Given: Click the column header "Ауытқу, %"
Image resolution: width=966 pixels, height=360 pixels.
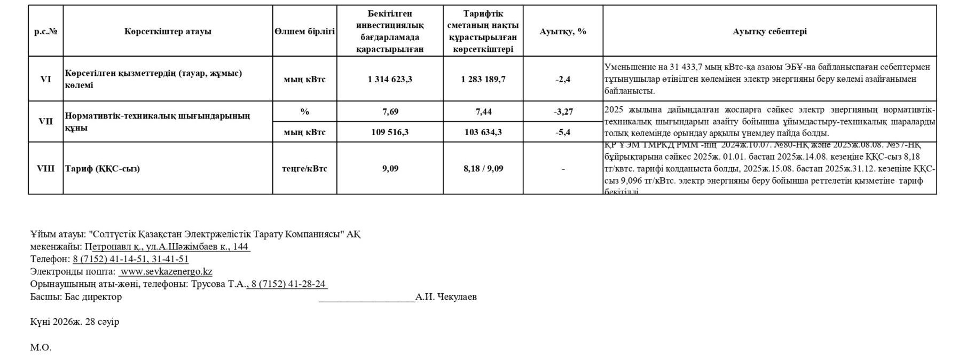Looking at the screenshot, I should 563,32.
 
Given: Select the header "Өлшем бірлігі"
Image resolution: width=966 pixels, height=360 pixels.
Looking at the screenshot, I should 304,32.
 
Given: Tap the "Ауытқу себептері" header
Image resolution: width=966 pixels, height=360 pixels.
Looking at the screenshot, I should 769,32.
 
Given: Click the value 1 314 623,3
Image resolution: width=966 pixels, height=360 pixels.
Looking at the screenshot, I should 390,80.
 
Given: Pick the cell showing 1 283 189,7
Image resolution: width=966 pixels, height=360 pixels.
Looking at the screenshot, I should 483,80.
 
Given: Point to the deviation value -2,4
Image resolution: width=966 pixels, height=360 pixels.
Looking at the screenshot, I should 563,80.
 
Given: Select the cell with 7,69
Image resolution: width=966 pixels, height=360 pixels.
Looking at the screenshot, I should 390,112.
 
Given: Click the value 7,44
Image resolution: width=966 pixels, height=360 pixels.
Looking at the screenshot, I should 483,112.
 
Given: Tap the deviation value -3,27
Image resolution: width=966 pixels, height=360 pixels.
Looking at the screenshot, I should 563,112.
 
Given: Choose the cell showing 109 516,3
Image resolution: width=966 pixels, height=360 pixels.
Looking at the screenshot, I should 390,132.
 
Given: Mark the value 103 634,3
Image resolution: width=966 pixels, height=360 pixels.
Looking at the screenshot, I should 483,132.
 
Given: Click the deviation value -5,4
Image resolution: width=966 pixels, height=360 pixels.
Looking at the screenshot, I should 563,132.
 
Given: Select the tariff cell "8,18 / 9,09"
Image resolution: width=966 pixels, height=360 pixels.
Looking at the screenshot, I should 483,169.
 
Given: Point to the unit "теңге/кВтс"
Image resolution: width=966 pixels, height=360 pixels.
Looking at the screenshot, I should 304,169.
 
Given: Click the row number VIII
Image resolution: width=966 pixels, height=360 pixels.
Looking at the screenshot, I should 45,169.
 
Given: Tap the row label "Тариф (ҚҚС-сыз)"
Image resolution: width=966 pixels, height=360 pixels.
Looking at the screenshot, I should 102,169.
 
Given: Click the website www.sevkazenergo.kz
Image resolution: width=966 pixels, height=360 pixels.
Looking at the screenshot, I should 166,271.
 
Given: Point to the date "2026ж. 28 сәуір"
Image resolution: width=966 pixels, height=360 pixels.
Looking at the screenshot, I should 86,322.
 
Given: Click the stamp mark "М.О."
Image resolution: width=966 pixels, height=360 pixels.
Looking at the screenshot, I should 41,348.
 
